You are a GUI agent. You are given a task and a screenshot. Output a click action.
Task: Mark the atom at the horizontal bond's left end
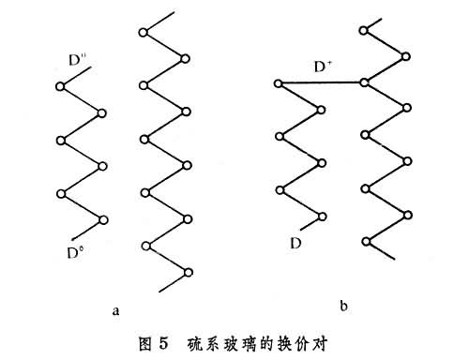coord(278,84)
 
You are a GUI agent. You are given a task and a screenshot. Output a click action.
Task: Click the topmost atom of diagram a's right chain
coord(143,34)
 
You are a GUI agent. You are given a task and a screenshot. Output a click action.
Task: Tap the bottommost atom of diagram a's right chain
coord(189,273)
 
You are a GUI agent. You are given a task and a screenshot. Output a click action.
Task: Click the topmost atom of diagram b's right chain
coord(365,31)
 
